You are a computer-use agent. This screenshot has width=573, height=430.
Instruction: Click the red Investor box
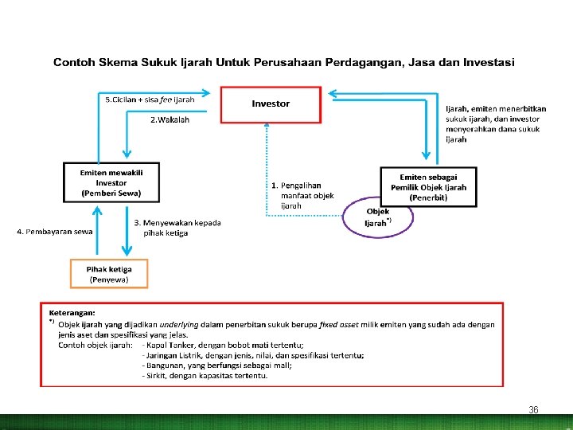pos(271,104)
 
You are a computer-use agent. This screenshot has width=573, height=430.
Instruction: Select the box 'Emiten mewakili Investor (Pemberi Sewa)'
pos(111,182)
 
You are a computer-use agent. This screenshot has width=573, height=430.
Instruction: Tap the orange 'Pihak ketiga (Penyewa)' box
pos(109,274)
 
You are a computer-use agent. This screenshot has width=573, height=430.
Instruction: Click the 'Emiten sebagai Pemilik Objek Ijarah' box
pos(428,186)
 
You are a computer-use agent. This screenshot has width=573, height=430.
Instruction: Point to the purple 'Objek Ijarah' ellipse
pos(378,217)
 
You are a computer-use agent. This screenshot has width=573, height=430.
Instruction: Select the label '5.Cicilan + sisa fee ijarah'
pos(150,100)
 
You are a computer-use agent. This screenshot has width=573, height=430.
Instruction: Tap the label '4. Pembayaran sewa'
pos(54,232)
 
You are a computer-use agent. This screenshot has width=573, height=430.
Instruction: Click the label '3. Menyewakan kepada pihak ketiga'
pos(177,228)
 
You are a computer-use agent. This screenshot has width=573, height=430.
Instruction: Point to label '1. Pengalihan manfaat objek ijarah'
pos(302,195)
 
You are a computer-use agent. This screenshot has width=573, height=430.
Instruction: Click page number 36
pos(533,409)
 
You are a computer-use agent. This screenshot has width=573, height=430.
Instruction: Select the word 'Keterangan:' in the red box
pos(72,313)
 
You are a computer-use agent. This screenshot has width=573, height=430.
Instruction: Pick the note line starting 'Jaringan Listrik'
pos(253,355)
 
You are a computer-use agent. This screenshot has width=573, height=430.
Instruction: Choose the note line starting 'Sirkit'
pos(204,375)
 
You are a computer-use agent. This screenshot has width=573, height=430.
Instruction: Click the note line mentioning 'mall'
pos(216,365)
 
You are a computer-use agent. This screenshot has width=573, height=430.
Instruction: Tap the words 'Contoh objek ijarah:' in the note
pos(94,345)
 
